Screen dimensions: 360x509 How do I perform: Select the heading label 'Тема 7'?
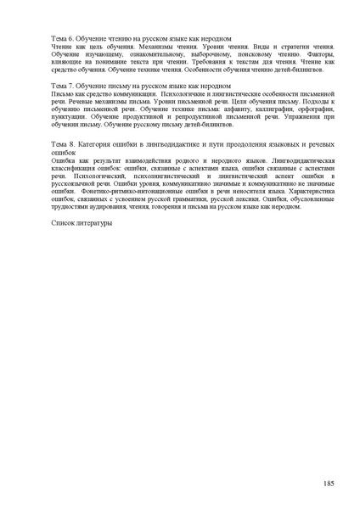(x=63, y=87)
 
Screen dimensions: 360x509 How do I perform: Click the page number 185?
(x=329, y=483)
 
